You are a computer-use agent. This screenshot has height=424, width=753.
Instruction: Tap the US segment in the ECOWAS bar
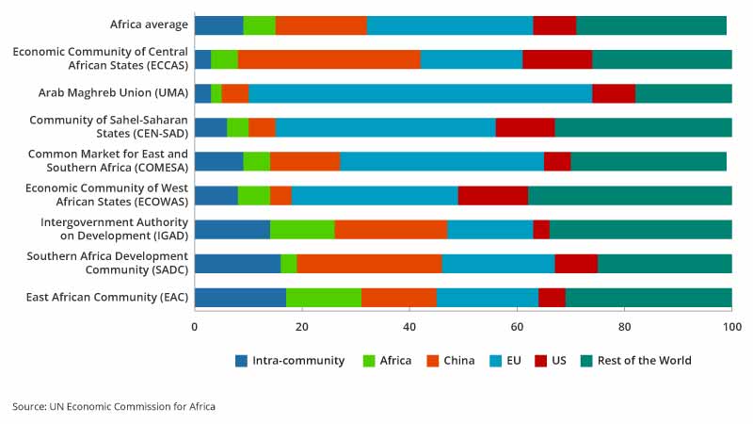point(493,196)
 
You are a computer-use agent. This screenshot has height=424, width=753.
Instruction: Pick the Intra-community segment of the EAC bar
point(240,298)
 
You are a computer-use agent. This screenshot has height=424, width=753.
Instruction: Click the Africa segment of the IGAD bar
point(301,230)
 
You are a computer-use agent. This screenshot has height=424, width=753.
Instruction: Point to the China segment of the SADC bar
point(369,264)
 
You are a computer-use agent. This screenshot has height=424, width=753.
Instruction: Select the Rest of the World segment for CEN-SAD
point(643,127)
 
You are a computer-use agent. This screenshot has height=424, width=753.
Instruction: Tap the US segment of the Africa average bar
point(554,25)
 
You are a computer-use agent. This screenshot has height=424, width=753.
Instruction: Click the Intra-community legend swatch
point(242,361)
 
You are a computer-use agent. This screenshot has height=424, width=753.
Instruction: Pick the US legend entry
point(553,361)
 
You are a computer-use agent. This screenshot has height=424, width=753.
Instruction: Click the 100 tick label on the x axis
point(731,327)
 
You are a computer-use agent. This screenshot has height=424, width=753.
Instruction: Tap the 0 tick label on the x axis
point(195,327)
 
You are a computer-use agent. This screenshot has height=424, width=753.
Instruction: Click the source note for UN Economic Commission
point(114,407)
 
